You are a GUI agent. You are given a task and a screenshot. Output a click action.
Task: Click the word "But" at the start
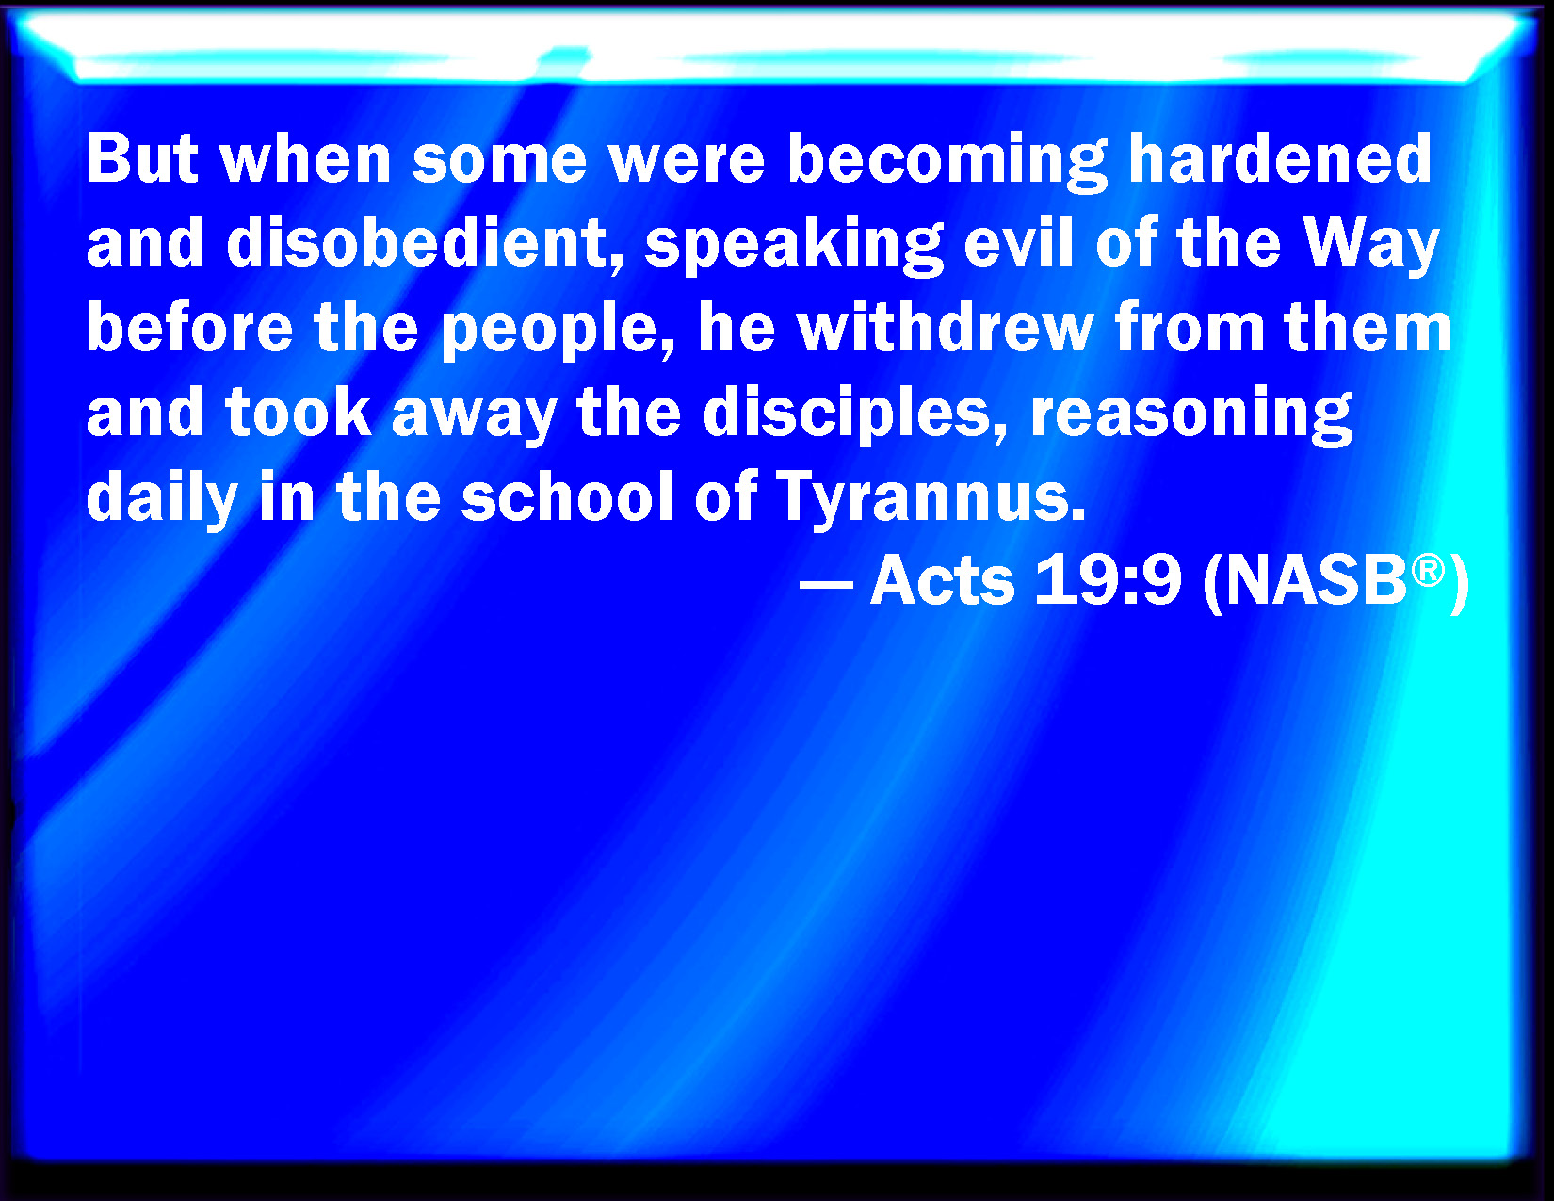(x=142, y=159)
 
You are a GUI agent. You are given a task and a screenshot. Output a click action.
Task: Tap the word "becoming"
(x=947, y=163)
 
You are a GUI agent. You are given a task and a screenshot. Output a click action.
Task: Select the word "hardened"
(x=1280, y=159)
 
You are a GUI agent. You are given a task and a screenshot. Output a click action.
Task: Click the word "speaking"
(x=794, y=248)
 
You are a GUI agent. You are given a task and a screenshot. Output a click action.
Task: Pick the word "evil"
(x=1019, y=243)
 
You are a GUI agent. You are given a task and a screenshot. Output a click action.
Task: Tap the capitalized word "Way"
(x=1371, y=248)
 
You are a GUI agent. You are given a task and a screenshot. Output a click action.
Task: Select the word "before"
(x=190, y=328)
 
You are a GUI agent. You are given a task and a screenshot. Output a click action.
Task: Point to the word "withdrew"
(x=946, y=328)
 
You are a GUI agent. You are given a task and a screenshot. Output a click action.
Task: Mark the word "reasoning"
(x=1190, y=417)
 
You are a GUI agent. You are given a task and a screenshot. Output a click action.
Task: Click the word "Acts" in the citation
(x=942, y=581)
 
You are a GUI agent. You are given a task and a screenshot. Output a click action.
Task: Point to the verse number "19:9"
(x=1108, y=581)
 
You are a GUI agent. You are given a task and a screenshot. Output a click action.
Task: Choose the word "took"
(x=299, y=413)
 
